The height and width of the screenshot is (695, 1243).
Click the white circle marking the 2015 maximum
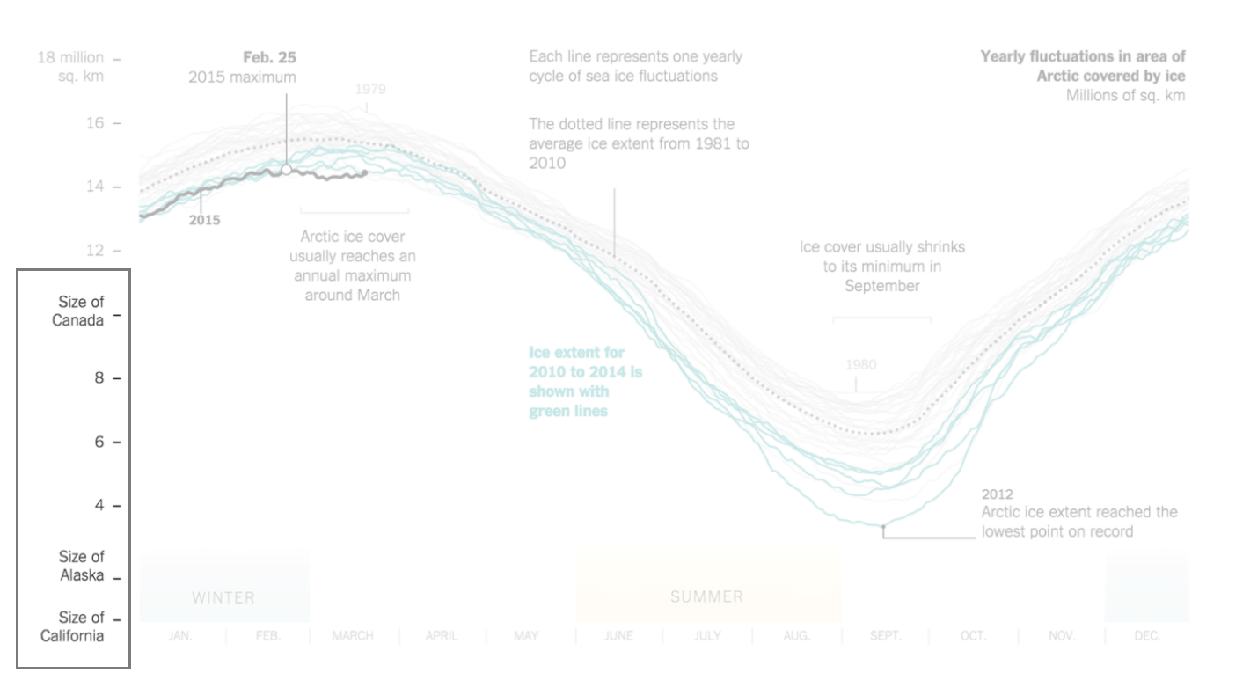[286, 169]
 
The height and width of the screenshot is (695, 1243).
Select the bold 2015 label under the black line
[204, 220]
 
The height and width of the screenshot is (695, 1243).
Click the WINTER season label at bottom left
[223, 597]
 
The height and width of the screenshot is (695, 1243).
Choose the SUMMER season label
[706, 596]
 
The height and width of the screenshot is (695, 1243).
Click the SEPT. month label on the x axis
[885, 636]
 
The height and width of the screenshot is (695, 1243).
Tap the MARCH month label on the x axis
[353, 636]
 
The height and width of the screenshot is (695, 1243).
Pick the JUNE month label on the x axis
[618, 636]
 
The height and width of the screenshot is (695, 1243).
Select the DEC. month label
[1147, 636]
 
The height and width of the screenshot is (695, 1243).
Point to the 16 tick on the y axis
[94, 123]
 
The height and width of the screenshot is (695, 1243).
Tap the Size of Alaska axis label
[81, 567]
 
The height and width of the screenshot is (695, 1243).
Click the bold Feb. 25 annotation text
[269, 58]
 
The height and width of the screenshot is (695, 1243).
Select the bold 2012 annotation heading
[998, 494]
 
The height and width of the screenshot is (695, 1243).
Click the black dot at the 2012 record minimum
[883, 526]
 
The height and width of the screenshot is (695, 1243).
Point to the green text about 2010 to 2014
[585, 381]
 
